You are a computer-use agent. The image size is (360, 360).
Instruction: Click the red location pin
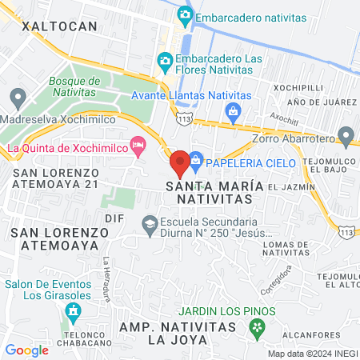coord(179,162)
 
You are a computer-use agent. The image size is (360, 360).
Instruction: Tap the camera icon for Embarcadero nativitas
coord(185,14)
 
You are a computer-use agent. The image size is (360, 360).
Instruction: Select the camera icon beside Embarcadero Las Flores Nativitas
coord(164,61)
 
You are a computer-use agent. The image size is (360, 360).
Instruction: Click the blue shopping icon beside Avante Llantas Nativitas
coord(233,110)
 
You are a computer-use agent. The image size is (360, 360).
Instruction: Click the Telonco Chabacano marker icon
coord(74,310)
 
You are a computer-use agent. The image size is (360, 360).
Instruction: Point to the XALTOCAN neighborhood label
coord(59,26)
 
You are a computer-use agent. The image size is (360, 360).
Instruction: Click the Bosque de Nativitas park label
coord(74,87)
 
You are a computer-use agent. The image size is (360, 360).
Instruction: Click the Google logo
coord(26,350)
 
